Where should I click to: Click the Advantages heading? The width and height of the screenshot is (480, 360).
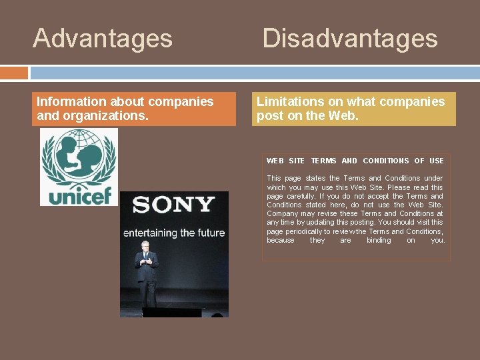pyautogui.click(x=103, y=38)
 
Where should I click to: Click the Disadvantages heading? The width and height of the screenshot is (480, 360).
pyautogui.click(x=350, y=38)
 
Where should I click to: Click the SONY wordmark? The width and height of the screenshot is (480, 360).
pyautogui.click(x=173, y=205)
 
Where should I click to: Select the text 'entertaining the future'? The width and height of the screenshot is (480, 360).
pyautogui.click(x=174, y=233)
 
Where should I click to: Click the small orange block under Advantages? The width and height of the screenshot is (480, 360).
pyautogui.click(x=14, y=73)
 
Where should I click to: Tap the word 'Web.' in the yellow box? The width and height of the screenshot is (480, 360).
pyautogui.click(x=344, y=116)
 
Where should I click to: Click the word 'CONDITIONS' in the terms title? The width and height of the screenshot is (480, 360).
pyautogui.click(x=386, y=161)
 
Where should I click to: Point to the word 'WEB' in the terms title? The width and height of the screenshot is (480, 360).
pyautogui.click(x=275, y=161)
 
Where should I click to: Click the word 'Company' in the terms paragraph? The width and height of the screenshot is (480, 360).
pyautogui.click(x=281, y=213)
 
